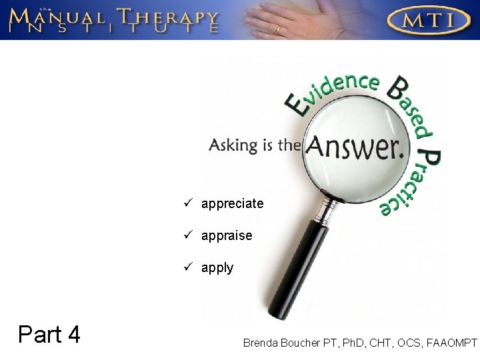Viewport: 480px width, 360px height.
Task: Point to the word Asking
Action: coord(233,145)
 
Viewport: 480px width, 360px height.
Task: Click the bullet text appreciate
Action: coord(233,203)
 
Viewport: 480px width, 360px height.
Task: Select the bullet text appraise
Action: coord(227,235)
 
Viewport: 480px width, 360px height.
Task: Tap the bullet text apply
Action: coord(217,268)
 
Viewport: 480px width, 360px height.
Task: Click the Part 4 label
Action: coord(50,333)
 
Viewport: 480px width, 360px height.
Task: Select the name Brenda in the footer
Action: coord(262,343)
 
